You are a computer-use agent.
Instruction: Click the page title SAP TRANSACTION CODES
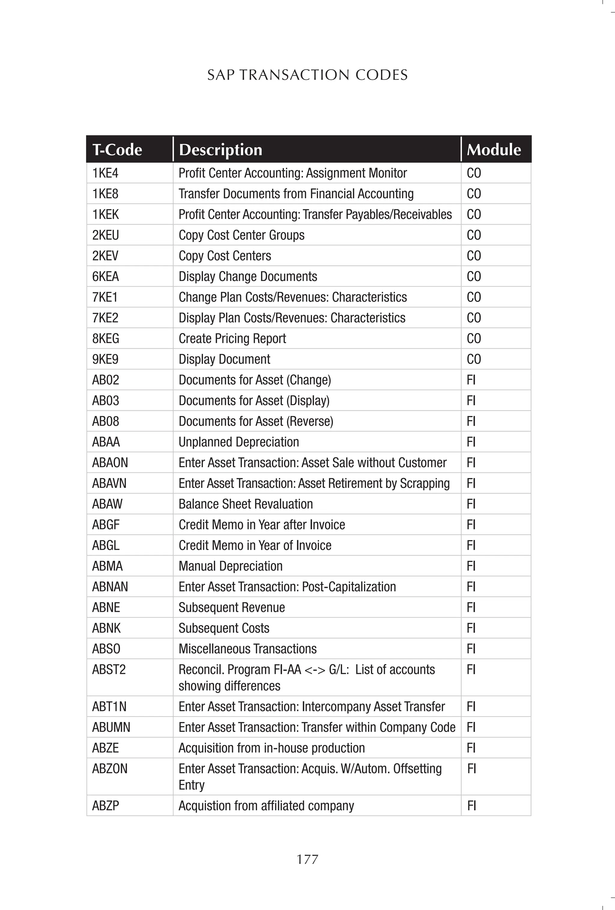pos(307,75)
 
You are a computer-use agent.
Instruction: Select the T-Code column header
pos(117,150)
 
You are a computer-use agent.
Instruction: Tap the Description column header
pos(220,150)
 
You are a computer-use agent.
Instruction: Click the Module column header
pos(494,150)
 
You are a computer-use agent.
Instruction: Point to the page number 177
pos(307,859)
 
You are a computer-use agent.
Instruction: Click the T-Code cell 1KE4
pos(105,173)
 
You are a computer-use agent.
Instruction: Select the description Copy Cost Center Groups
pos(241,235)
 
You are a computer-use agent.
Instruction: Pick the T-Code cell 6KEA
pos(105,277)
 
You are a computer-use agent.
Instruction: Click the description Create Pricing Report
pos(232,338)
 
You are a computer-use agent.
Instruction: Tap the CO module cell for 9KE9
pos(474,359)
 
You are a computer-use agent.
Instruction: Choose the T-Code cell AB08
pos(105,421)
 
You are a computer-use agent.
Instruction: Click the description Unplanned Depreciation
pos(238,442)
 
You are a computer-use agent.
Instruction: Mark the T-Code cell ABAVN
pos(109,483)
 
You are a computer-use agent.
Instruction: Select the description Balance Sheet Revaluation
pos(246,504)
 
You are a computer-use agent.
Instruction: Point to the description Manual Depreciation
pos(230,566)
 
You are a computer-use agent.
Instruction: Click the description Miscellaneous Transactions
pos(247,649)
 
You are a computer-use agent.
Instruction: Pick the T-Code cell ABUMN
pos(111,727)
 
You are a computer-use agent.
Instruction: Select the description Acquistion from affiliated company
pos(266,806)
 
